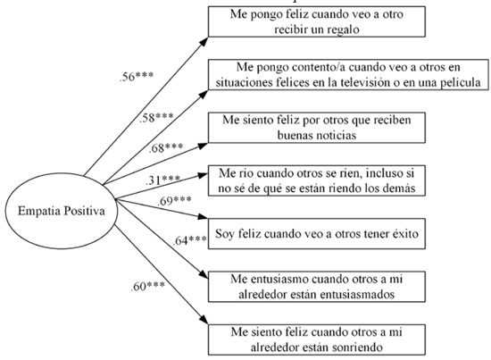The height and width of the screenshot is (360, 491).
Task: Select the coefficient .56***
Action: (137, 77)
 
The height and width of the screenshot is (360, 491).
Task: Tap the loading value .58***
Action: (156, 118)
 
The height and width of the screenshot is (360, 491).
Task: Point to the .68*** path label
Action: (166, 147)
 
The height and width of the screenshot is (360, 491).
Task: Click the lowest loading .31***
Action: (162, 180)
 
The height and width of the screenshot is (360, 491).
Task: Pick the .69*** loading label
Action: (174, 201)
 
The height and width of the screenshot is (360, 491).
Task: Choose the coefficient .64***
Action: (190, 240)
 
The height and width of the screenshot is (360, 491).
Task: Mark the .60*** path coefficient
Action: (147, 287)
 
